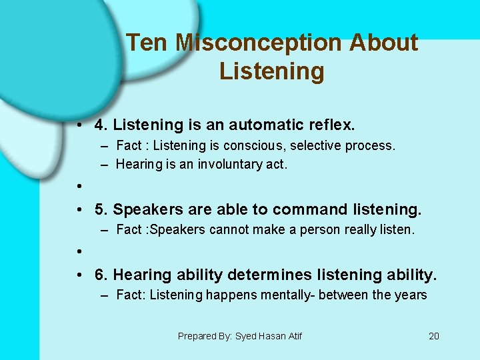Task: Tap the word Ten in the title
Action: (147, 43)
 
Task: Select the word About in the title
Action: (384, 43)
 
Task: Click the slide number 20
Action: (434, 336)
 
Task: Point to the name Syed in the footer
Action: (245, 336)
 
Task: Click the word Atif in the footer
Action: (293, 336)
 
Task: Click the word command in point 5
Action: (304, 210)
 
